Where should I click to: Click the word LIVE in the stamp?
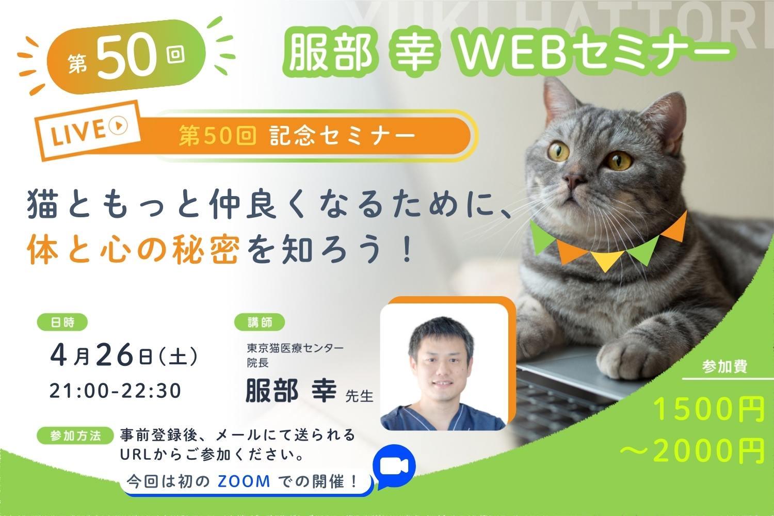coord(78,132)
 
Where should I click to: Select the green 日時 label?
coord(62,322)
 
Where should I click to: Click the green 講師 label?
coord(260,322)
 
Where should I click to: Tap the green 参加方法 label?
coord(75,436)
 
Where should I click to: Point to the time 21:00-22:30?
coord(116,391)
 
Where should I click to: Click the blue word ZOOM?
coord(244,481)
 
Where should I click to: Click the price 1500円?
coord(708,410)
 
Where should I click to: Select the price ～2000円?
coord(692,450)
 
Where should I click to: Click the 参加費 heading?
coord(725,366)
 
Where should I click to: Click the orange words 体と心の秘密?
coord(133,249)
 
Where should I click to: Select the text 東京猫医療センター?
coord(295,348)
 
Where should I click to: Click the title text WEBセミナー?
coord(592,55)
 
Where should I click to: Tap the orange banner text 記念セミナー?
coord(343,136)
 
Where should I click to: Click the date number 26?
coord(115,356)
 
